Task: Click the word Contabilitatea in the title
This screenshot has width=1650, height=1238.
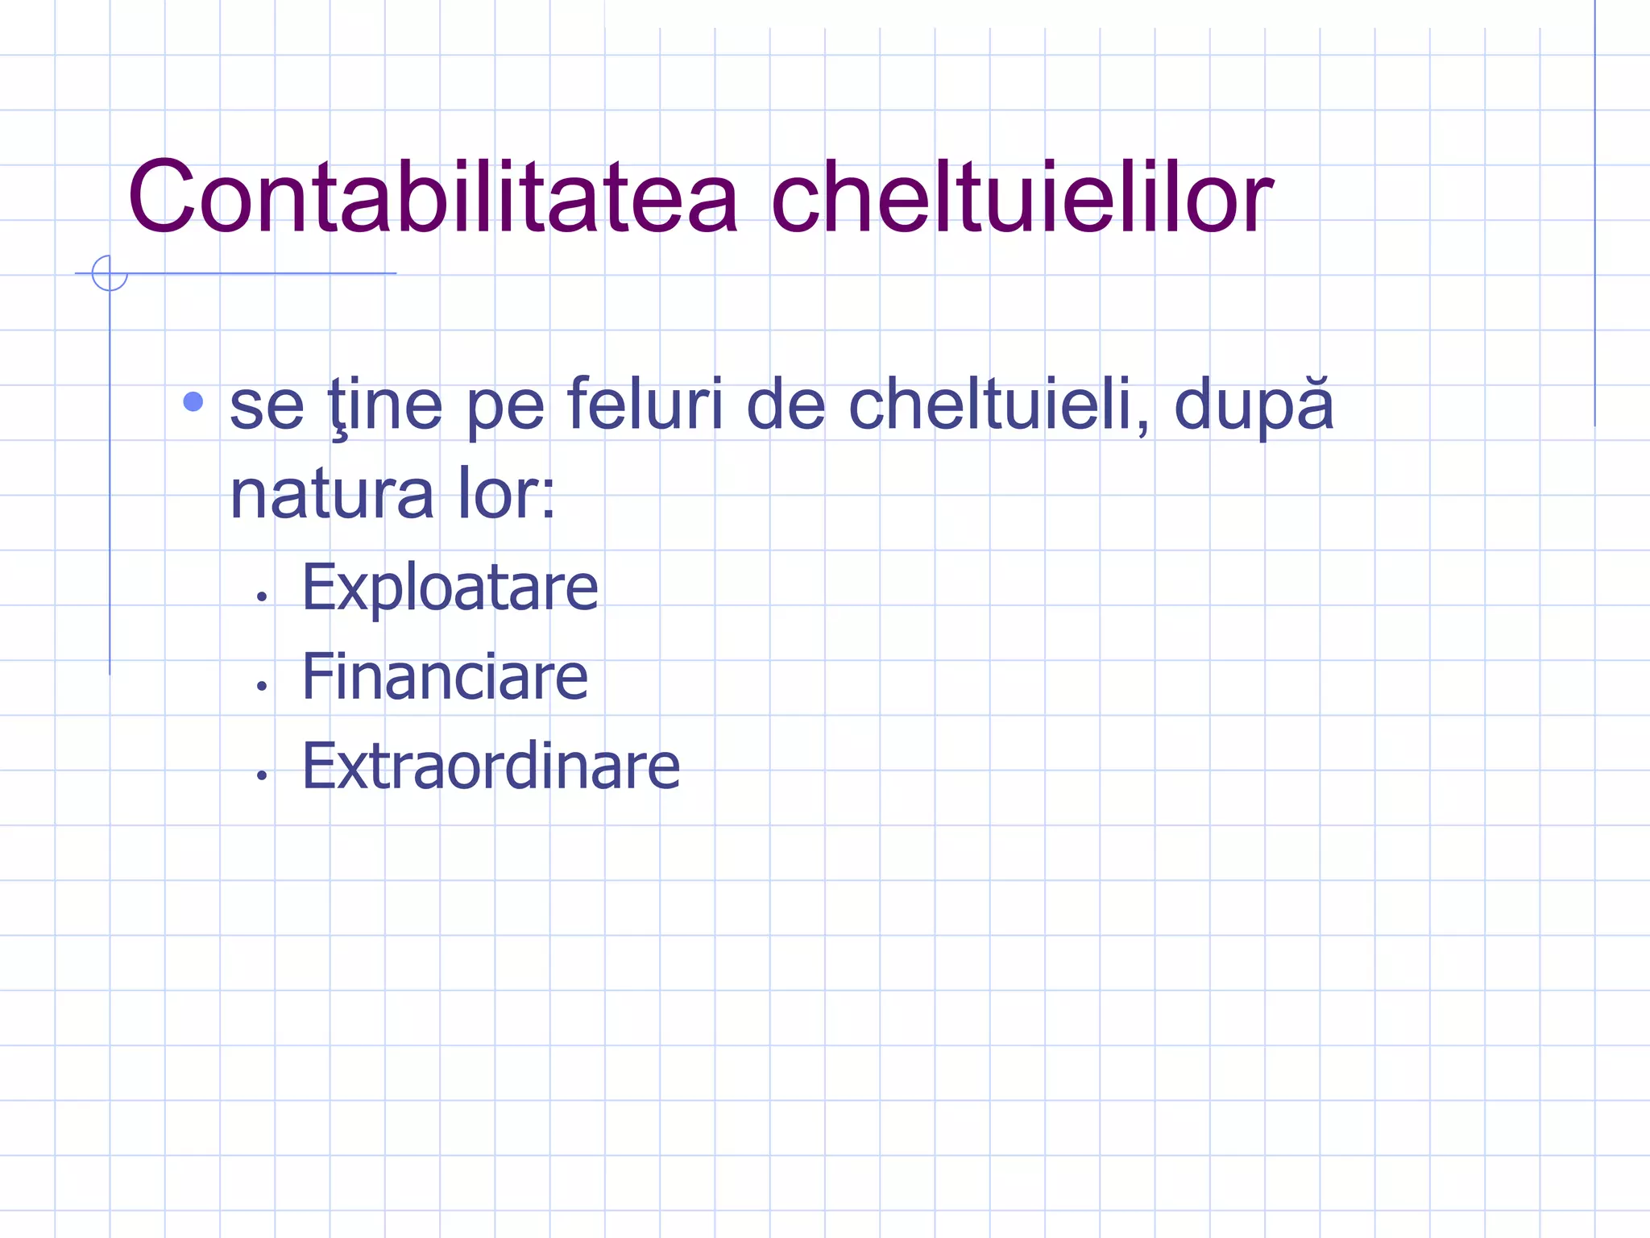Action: point(433,197)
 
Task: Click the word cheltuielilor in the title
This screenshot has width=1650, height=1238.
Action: point(1022,197)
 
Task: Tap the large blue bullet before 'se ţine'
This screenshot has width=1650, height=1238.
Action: point(193,401)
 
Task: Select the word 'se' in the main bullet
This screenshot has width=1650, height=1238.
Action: point(267,405)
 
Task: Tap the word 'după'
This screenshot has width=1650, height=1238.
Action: point(1254,405)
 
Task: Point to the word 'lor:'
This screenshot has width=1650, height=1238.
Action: point(507,494)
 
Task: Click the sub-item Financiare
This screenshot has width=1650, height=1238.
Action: point(445,676)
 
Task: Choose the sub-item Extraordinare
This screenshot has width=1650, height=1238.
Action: point(491,766)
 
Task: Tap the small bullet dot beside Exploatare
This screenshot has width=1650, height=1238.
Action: point(261,597)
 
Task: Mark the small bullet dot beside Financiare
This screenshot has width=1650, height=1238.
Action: point(261,687)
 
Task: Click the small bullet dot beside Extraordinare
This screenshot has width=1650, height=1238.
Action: point(261,776)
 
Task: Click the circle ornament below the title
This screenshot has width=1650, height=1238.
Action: point(110,273)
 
